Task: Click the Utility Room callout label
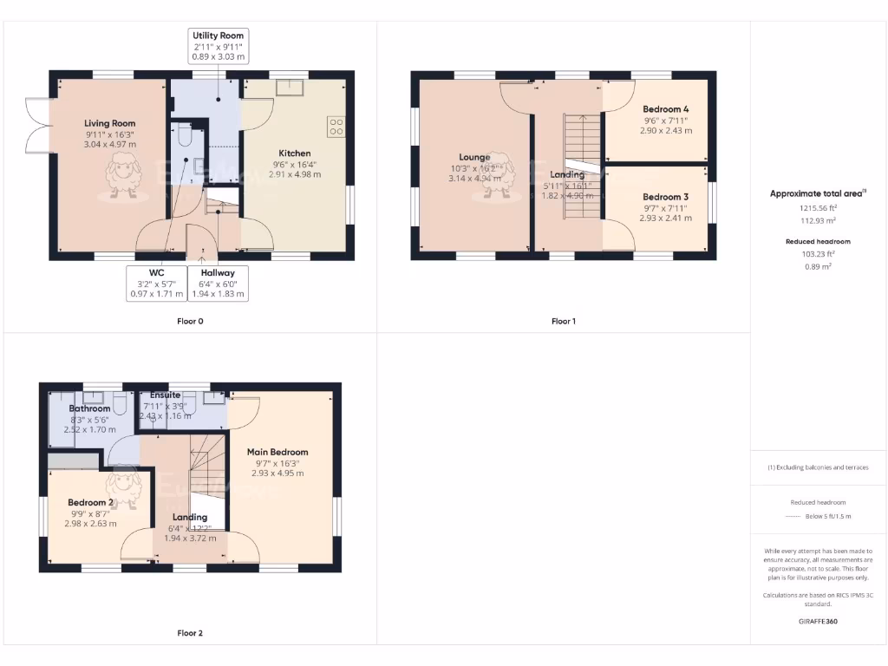pos(218,46)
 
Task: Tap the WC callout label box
pos(157,283)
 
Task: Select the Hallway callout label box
pos(217,283)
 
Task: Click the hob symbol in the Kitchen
pos(336,127)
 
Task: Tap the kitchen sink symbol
pos(289,88)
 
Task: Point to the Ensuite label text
pos(165,395)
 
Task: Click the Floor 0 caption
pos(190,321)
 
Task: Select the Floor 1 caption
pos(564,321)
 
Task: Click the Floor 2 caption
pos(190,633)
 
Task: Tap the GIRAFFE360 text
pos(818,621)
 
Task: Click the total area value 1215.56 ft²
pos(818,208)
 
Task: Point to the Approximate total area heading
pos(818,194)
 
